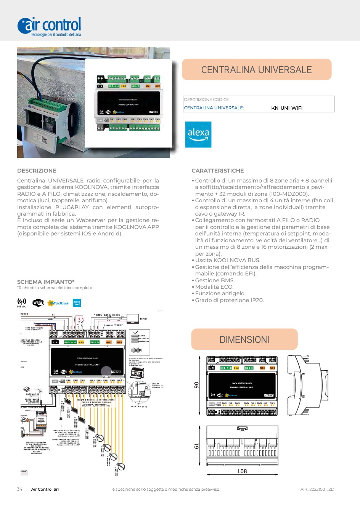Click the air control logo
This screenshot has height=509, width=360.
coord(49,26)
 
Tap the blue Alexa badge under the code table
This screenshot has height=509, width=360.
coord(198,134)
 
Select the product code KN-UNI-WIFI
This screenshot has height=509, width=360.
coord(287,108)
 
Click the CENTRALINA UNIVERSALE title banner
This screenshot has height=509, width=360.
coord(257,70)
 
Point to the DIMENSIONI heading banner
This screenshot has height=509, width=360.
coord(244,339)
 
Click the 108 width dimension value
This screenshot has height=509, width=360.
coord(242,471)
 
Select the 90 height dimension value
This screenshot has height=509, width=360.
coord(197,385)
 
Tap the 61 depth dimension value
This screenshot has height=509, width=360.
coord(197,446)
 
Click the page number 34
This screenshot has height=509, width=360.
coord(20,489)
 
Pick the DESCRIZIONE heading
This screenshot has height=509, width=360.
coord(37,171)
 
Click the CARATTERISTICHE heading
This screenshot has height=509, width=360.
coord(218,171)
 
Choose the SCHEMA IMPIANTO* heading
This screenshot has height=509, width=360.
coord(46,282)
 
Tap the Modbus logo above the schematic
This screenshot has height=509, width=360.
coord(58,303)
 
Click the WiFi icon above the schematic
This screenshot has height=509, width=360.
coord(38,303)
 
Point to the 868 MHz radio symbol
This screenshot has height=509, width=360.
coord(22,303)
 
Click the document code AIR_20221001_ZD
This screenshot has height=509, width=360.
coord(317,489)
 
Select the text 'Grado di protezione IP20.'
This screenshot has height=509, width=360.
coord(229,300)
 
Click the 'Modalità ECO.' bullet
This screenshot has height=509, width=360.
coord(214,287)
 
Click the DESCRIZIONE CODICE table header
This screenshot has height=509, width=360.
coord(206,99)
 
